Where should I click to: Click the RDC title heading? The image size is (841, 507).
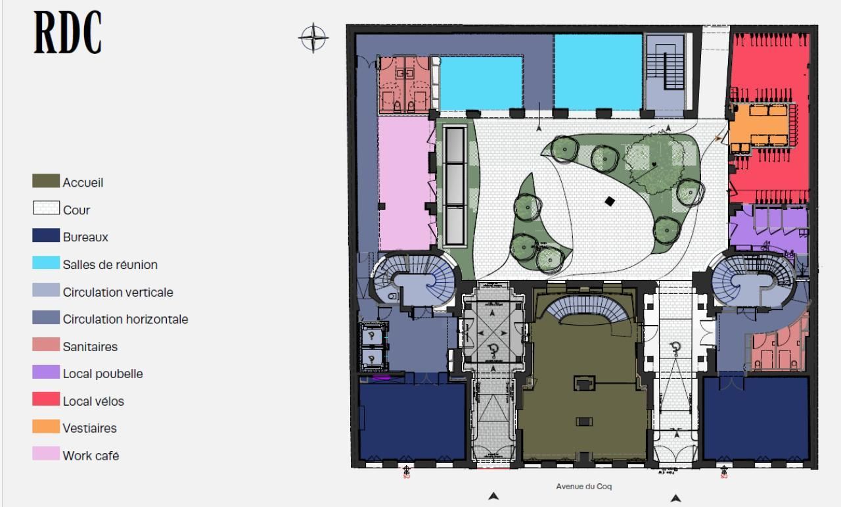coord(68,33)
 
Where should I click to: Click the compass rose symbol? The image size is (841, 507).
coord(313,37)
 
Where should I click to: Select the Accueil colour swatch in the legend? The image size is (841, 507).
coord(45,181)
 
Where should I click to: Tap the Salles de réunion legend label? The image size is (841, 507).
coord(110,264)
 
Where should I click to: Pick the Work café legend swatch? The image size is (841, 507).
coord(45,454)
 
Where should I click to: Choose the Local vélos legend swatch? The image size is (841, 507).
coord(45,400)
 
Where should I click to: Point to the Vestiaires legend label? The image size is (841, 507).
coord(89,428)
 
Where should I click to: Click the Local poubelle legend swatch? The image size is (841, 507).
coord(45,373)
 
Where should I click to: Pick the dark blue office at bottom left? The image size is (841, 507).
coord(412,421)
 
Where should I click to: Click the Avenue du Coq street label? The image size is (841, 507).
coord(584,487)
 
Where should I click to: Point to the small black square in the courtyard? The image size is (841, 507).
coord(610,201)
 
